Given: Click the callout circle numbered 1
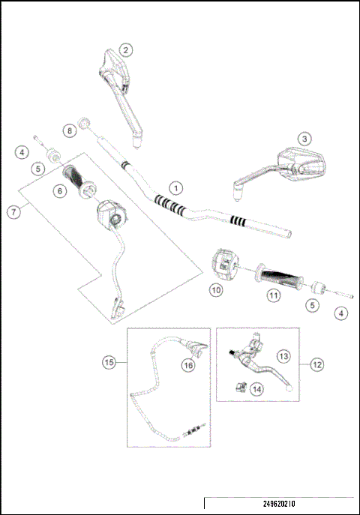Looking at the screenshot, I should pos(175,187).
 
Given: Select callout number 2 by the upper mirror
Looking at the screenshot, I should pos(127,50).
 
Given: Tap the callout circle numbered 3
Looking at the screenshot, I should pos(303,139).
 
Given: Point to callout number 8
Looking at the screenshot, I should pos(68,130).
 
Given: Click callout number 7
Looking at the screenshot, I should pos(13,211).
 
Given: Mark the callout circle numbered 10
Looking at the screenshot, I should pos(216,289).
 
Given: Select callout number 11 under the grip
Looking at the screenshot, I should pos(274,296).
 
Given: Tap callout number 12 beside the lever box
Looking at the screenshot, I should pos(316,364).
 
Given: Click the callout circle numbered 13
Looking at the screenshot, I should pos(283,355).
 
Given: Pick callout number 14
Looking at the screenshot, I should pos(257,388).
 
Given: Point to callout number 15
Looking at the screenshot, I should pos(109,362).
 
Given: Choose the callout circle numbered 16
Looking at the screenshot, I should pos(188,364).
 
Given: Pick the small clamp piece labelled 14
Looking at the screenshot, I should pos(241,387).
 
